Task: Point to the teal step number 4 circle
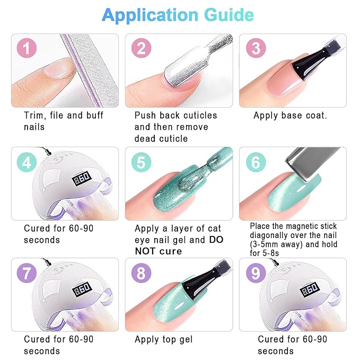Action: click(27, 162)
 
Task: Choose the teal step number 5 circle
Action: click(141, 162)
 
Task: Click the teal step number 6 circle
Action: click(256, 162)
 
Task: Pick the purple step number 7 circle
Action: click(27, 274)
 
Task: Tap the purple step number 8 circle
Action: click(141, 274)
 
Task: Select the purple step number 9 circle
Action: click(256, 274)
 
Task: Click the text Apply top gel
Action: click(163, 339)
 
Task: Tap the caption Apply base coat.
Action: click(290, 115)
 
